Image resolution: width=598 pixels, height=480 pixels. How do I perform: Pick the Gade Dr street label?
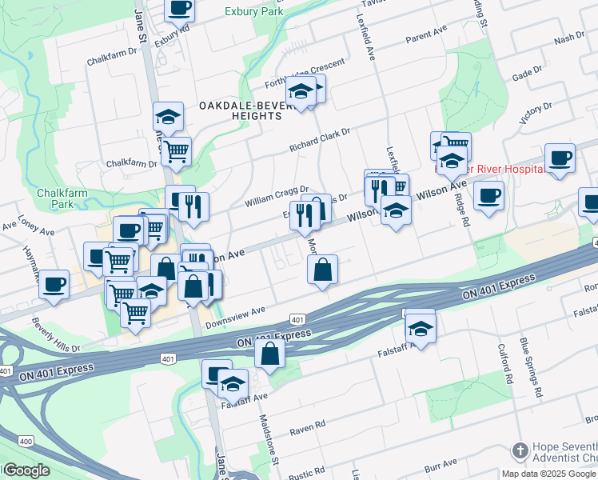pos(527,74)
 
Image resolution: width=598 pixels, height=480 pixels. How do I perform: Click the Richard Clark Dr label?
pos(320,141)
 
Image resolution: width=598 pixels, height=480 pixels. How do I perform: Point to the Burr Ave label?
pos(440,463)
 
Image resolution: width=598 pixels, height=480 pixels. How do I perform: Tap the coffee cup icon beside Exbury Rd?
pos(180,9)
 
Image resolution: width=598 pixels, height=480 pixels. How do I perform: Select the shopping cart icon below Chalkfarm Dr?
pos(176,149)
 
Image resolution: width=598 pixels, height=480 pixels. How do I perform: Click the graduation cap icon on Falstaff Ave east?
pos(421,327)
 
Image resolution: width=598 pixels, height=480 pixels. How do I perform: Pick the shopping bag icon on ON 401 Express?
pos(270,353)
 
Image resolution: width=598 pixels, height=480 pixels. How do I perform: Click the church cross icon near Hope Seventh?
pos(520,450)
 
